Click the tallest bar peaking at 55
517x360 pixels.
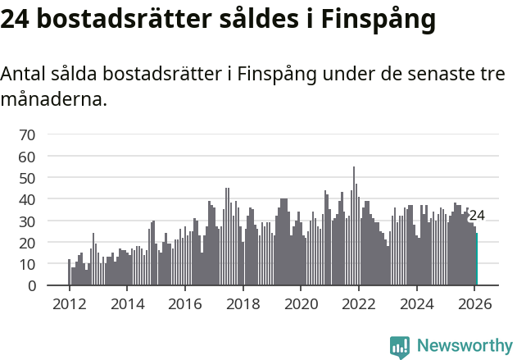(354, 226)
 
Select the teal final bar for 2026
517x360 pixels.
(476, 259)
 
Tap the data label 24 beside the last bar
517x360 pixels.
(477, 216)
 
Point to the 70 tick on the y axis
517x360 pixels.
(27, 134)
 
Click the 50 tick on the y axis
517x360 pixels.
(27, 178)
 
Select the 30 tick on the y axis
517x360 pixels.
(27, 221)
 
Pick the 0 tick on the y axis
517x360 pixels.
(31, 286)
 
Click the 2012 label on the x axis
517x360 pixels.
(69, 303)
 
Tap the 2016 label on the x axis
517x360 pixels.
(184, 303)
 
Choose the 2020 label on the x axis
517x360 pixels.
(301, 303)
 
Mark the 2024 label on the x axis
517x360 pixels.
(417, 303)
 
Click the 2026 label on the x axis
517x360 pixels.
(475, 303)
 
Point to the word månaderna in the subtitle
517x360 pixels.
(53, 100)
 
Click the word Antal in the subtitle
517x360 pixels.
(24, 74)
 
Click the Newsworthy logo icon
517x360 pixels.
(400, 347)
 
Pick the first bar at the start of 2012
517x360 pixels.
(69, 272)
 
